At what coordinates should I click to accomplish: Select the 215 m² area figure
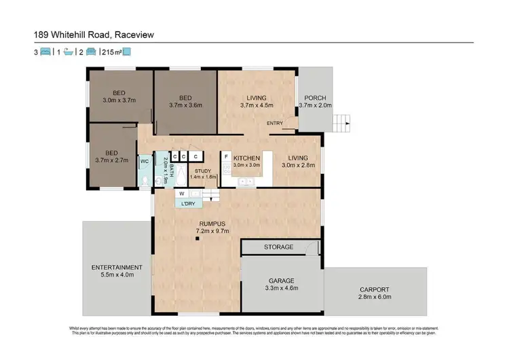click(x=111, y=52)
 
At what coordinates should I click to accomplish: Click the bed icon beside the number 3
click(x=45, y=52)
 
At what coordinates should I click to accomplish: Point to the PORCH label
click(x=316, y=97)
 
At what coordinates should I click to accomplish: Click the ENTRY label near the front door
click(x=275, y=123)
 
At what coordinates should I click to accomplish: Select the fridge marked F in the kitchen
click(x=226, y=156)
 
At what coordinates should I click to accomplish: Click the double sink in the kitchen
click(x=246, y=181)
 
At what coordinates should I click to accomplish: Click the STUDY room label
click(x=203, y=171)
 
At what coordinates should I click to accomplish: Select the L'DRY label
click(x=188, y=203)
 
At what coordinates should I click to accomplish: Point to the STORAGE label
click(x=279, y=247)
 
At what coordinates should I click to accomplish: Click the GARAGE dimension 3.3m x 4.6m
click(x=280, y=288)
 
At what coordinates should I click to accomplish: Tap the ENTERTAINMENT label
click(x=117, y=267)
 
